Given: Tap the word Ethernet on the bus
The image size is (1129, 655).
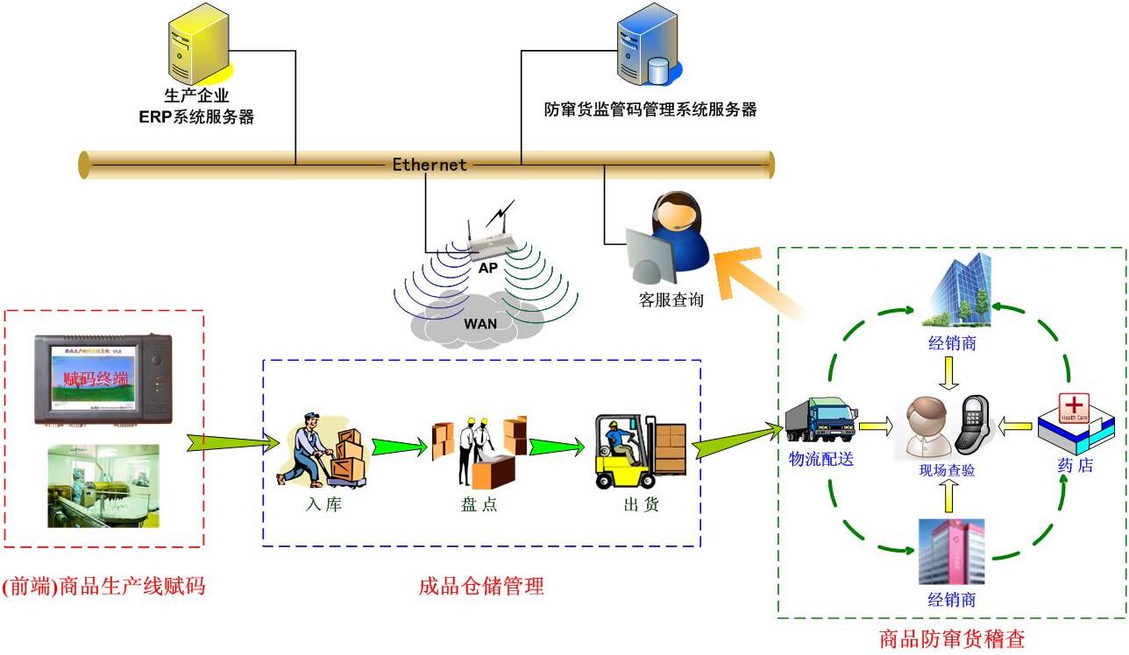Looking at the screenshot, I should click(x=429, y=165).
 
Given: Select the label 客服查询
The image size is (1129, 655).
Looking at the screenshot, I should click(x=671, y=299).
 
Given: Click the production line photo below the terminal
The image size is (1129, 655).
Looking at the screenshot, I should click(x=103, y=485).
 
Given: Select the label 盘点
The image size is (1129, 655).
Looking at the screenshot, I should click(x=479, y=504).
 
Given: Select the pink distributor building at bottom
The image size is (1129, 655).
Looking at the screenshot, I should click(x=952, y=551).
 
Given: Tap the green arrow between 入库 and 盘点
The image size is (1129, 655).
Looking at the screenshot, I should click(x=400, y=447).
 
